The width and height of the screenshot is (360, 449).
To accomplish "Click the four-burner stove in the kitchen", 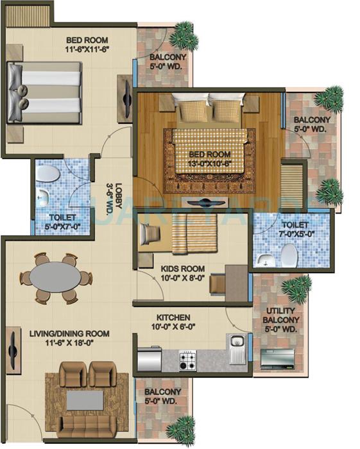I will tap(188, 360).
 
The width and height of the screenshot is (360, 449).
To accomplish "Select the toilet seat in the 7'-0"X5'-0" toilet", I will tap(289, 257).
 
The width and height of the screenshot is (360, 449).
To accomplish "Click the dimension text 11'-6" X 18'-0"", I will tap(68, 343).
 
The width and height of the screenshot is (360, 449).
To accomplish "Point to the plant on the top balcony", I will tap(184, 29).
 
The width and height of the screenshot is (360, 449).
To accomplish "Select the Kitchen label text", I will tap(173, 318).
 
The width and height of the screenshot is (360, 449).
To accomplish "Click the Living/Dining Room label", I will tap(68, 334).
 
